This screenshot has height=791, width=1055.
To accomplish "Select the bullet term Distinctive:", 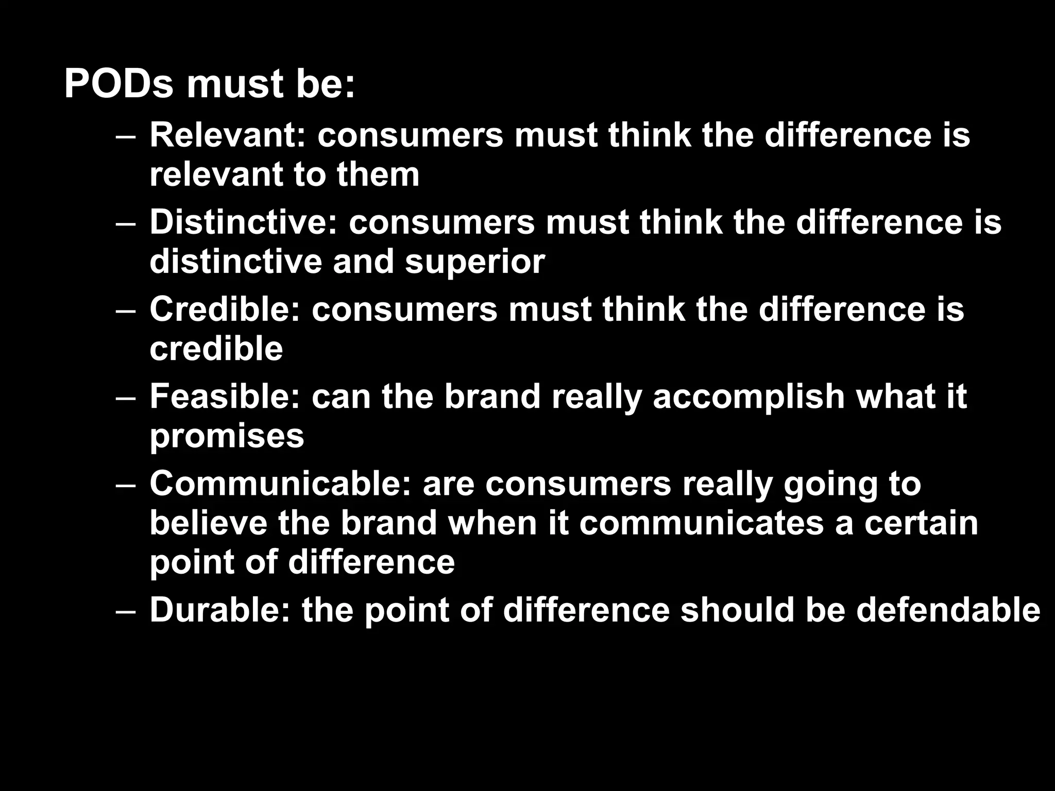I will pos(244,222).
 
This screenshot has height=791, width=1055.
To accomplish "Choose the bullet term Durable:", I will pos(220,610).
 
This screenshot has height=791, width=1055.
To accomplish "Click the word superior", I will pos(474,262).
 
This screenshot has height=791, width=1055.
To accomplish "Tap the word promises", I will pos(227,437).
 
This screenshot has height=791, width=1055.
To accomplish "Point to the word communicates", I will pos(701,523).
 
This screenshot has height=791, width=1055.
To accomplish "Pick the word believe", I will pos(209,523).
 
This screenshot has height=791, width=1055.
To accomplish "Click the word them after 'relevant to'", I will pos(378,175).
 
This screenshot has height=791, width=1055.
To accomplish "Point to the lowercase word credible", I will pos(216,349).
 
